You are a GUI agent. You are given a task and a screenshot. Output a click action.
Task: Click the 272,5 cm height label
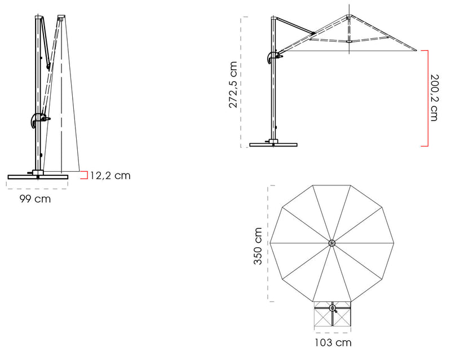(x=233, y=85)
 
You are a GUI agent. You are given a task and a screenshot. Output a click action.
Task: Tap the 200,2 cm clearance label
(x=434, y=98)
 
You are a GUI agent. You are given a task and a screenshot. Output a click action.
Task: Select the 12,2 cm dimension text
(x=110, y=175)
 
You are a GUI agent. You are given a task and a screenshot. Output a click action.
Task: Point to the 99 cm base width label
(x=35, y=199)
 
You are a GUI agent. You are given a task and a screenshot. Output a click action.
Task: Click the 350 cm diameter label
(x=258, y=246)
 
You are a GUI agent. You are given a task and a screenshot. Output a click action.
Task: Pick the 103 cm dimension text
(x=333, y=343)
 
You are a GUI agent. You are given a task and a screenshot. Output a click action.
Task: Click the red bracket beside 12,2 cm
(x=84, y=175)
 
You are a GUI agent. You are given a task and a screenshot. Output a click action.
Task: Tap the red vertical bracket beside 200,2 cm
(x=425, y=98)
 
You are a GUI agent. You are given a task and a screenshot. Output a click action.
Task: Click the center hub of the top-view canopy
(x=332, y=243)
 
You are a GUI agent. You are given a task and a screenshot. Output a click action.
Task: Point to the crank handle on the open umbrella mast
(x=275, y=57)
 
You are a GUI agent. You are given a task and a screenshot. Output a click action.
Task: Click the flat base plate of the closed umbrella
(x=38, y=177)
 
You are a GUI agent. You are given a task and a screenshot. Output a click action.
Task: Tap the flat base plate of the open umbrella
(x=273, y=145)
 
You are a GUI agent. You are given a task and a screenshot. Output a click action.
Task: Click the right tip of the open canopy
(x=416, y=50)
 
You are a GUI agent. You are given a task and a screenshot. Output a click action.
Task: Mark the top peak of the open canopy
(x=349, y=15)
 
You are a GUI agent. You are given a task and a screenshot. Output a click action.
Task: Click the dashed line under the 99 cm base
(x=37, y=189)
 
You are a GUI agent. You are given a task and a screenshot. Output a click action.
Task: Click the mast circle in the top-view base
(x=333, y=309)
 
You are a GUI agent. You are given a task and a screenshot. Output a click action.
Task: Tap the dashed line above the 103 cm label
(x=333, y=332)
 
